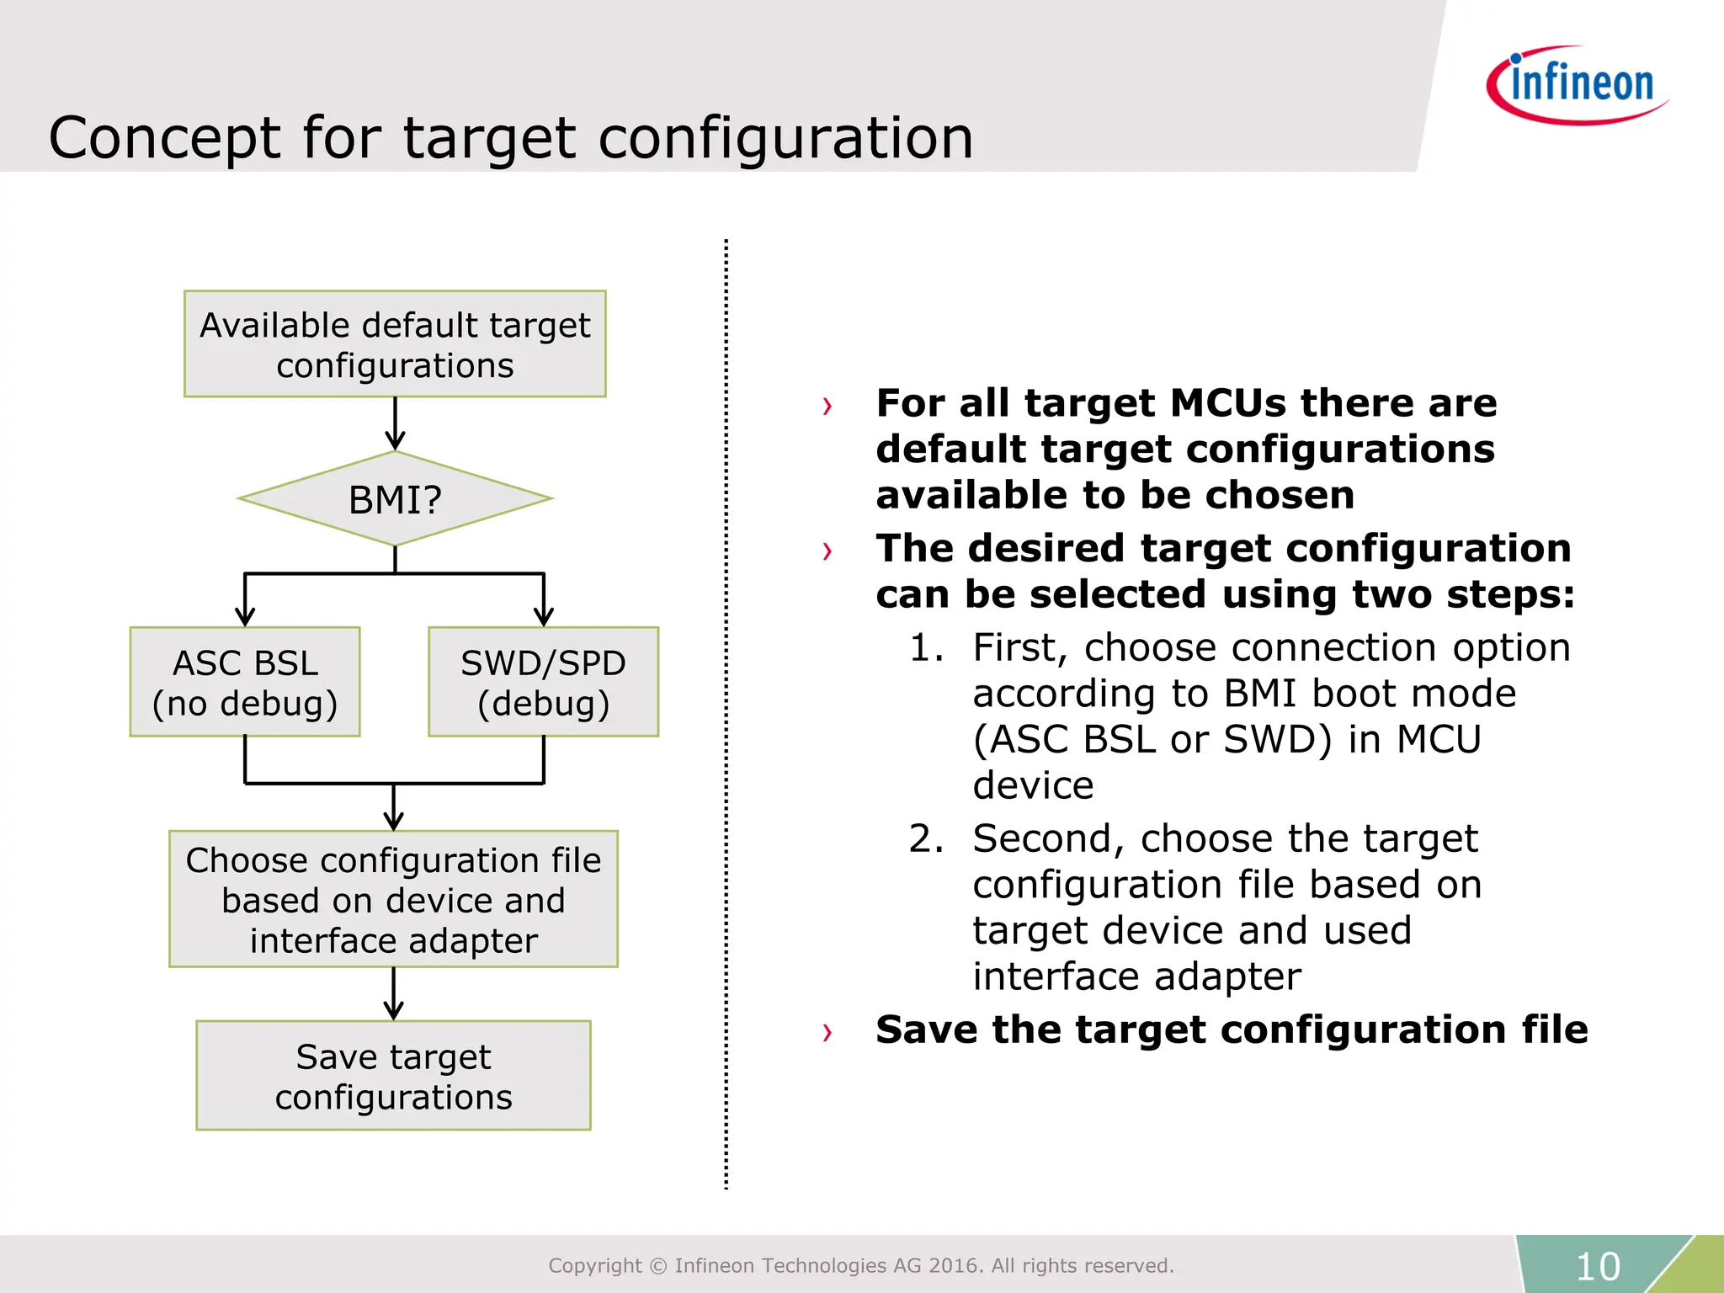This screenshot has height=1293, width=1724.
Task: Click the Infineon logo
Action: coord(1577,84)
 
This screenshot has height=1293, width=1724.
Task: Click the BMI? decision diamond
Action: coord(395,499)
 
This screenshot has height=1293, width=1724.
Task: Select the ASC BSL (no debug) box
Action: coord(245,682)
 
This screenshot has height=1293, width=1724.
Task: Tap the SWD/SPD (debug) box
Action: coord(543,682)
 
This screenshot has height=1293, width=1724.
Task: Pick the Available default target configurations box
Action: coord(395,344)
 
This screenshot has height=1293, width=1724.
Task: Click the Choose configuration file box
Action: coord(393,899)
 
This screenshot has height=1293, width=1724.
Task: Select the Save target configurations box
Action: coord(393,1076)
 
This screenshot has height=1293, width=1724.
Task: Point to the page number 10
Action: coord(1597,1266)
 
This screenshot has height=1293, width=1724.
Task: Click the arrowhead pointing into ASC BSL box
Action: coord(245,615)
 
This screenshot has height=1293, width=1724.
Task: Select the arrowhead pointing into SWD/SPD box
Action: coord(544,615)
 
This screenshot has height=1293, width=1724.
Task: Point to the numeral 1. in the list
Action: coord(925,648)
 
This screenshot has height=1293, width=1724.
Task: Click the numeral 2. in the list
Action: coord(925,839)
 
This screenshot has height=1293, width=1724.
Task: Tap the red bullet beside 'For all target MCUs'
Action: coord(827,407)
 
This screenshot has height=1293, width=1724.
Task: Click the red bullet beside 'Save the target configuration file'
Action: coord(827,1032)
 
